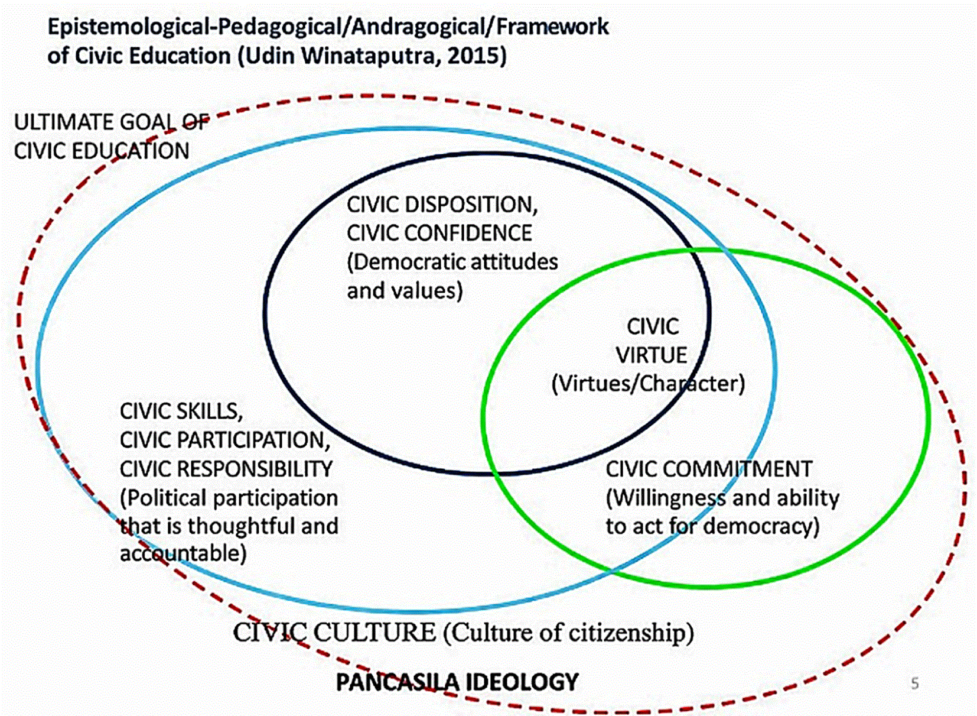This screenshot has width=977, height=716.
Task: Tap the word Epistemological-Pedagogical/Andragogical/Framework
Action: [x=328, y=27]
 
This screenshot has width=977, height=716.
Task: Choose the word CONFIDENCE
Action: [x=468, y=233]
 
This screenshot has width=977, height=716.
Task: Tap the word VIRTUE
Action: [x=651, y=355]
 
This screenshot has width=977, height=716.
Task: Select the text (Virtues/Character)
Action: [x=648, y=383]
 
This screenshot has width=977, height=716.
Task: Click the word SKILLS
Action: [x=210, y=412]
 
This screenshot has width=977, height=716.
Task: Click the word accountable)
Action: [x=183, y=553]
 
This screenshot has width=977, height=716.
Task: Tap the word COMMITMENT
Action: [x=738, y=469]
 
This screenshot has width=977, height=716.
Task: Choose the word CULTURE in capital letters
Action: [x=375, y=633]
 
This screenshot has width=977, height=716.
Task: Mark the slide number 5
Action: [x=914, y=683]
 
